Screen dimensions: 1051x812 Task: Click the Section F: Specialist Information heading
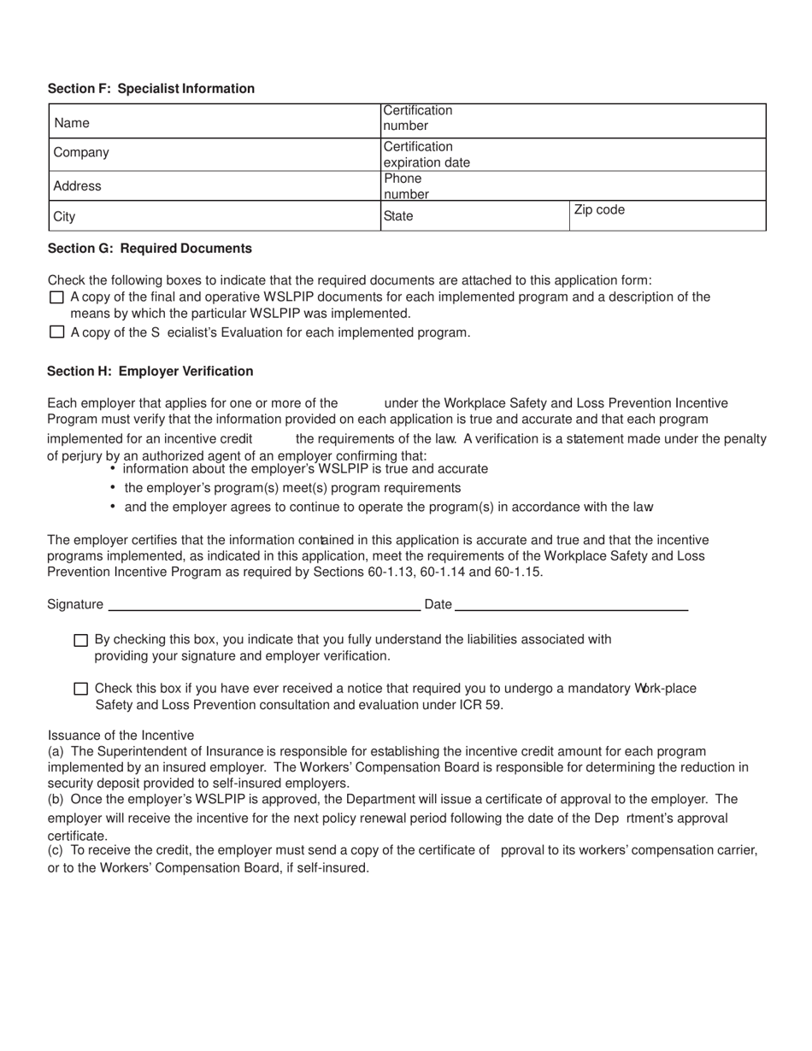150,89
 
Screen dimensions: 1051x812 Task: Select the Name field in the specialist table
214,122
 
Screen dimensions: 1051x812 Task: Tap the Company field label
81,153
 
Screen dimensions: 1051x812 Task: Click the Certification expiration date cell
573,155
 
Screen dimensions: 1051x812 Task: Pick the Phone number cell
573,186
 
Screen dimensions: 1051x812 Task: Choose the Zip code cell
667,216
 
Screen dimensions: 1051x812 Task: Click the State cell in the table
474,216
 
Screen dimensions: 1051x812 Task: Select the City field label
64,217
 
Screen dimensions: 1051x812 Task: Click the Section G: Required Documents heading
150,249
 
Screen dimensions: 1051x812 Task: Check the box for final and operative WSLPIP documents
57,297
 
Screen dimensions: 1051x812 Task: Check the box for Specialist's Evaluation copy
57,332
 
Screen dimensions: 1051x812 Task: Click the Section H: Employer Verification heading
150,372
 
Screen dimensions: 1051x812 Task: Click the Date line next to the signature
571,604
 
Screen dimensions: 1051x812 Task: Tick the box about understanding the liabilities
81,640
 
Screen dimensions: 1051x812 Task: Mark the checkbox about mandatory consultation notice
81,689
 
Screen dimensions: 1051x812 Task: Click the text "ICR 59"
482,705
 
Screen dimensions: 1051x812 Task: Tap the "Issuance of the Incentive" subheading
121,736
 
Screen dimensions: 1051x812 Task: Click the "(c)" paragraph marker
56,850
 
